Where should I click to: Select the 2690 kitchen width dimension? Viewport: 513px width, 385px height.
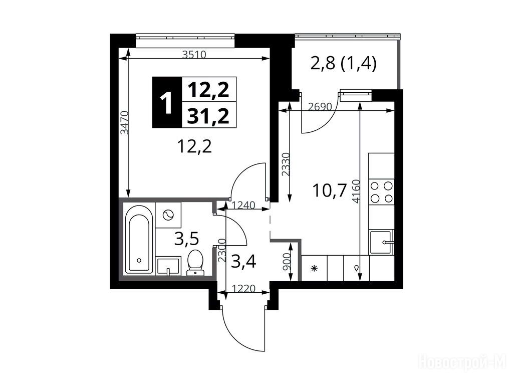320,107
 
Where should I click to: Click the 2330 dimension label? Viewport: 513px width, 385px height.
286,164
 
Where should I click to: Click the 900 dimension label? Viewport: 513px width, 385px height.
286,262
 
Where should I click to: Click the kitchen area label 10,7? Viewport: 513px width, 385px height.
330,191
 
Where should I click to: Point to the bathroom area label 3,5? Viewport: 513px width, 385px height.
187,239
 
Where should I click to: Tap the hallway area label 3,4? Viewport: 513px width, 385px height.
243,262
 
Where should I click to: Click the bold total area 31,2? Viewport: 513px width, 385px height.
208,116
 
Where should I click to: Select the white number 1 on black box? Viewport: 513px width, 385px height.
167,102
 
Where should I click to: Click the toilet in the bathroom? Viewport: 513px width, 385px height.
195,262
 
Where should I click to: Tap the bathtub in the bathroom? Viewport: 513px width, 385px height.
139,239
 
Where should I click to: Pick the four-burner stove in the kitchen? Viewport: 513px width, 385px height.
381,192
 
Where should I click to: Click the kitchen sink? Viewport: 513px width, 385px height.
381,242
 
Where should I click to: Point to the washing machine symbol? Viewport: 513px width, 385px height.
168,215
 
